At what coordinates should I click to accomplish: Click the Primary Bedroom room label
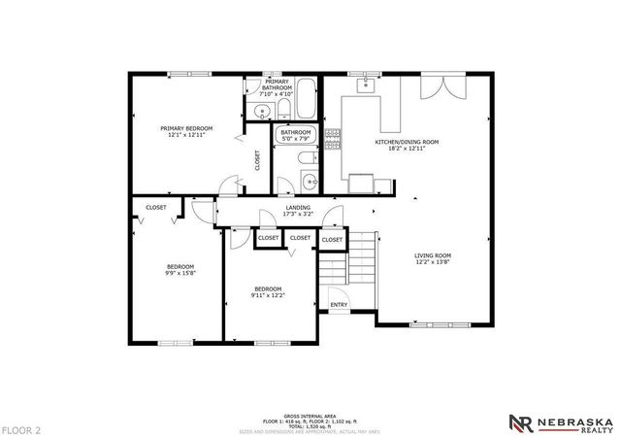[x=186, y=131]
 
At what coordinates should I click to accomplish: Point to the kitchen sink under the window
[x=367, y=85]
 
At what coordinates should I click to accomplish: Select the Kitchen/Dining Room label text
[x=408, y=145]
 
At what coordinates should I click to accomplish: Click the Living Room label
[x=434, y=258]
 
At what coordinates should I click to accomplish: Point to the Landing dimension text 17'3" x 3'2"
[x=297, y=214]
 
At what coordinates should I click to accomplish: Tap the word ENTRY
[x=339, y=305]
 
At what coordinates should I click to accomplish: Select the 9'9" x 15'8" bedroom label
[x=180, y=270]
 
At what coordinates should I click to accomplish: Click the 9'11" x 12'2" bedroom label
[x=268, y=291]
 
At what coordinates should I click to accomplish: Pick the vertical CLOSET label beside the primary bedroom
[x=258, y=160]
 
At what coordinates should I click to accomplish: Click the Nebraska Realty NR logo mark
[x=520, y=421]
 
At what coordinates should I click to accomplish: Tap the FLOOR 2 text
[x=21, y=428]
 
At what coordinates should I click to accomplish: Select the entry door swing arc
[x=338, y=294]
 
